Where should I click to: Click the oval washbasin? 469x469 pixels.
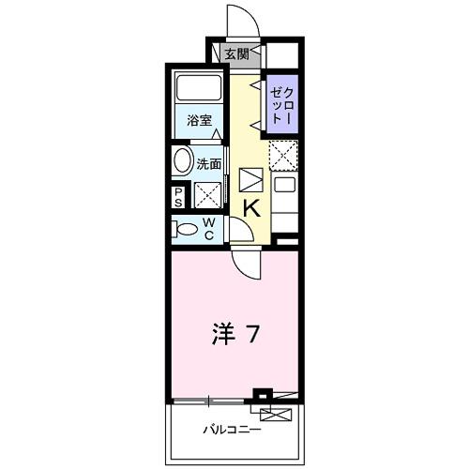click(182, 159)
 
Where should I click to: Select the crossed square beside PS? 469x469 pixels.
click(206, 194)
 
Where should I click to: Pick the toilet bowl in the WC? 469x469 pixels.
click(186, 227)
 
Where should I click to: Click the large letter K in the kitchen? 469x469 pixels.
click(251, 208)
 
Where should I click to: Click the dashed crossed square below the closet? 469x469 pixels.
click(283, 152)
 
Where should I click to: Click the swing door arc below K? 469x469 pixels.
click(245, 263)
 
